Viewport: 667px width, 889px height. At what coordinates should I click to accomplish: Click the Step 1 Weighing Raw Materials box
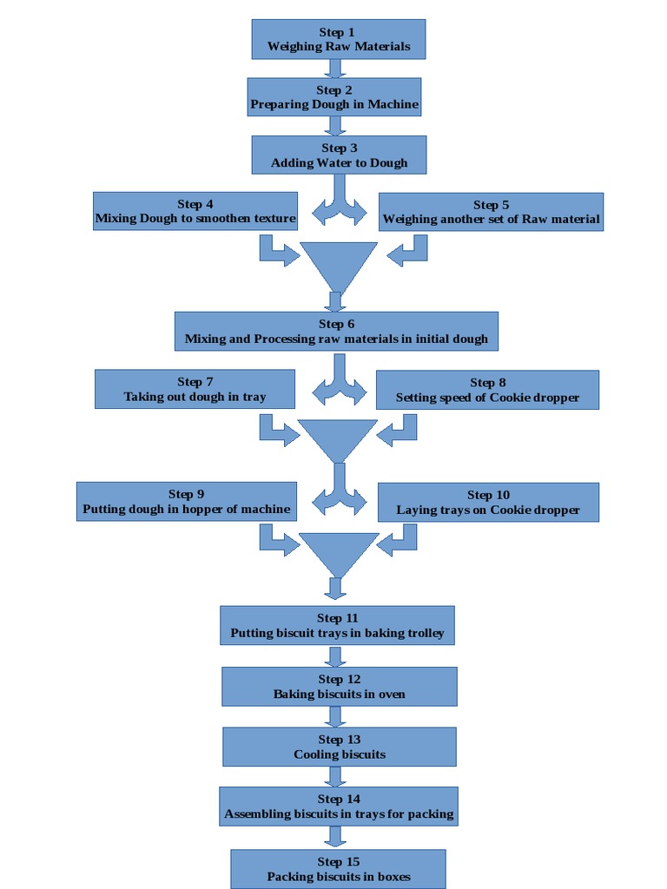(x=338, y=39)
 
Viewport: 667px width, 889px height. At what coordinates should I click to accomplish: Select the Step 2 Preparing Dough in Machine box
(x=334, y=97)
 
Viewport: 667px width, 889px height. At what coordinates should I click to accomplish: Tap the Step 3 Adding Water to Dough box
(x=339, y=155)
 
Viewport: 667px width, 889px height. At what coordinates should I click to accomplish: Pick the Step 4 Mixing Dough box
(x=195, y=212)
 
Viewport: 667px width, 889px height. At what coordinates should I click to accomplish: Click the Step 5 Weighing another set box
(x=491, y=212)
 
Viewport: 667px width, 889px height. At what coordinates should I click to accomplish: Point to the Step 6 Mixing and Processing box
(x=336, y=332)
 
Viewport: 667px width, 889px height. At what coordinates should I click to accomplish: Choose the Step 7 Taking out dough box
(x=195, y=389)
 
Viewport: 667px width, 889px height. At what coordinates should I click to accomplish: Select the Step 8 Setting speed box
(x=487, y=390)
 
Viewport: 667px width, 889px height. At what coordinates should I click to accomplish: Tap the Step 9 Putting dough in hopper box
(x=186, y=502)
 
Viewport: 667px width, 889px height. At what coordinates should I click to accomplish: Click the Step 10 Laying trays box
(x=488, y=503)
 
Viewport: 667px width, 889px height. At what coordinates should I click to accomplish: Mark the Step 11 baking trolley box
(x=337, y=625)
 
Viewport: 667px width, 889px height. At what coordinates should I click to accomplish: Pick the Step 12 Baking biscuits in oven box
(x=339, y=686)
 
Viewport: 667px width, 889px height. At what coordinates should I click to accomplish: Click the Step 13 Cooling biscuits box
(x=339, y=747)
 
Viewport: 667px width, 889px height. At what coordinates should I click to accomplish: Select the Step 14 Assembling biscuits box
(x=338, y=807)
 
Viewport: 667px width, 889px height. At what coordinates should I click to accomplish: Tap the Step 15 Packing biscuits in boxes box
(x=338, y=868)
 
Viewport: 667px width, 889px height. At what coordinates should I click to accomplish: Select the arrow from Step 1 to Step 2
(x=337, y=69)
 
